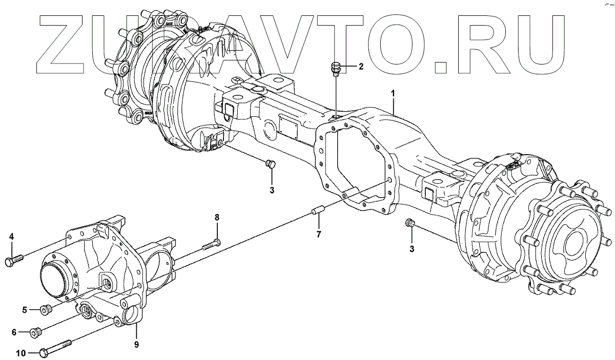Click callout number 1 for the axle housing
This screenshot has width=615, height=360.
(x=393, y=94)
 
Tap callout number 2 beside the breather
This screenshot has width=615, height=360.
(x=361, y=66)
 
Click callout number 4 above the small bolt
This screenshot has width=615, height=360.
(x=11, y=236)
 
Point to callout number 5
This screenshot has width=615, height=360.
(x=24, y=309)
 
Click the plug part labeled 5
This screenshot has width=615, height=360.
(x=45, y=309)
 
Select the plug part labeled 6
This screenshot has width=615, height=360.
(x=36, y=332)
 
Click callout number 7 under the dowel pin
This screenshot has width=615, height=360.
(x=319, y=235)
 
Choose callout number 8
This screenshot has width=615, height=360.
(x=217, y=217)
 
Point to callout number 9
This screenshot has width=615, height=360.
(x=136, y=345)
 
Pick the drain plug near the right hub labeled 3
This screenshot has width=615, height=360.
(x=410, y=223)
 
